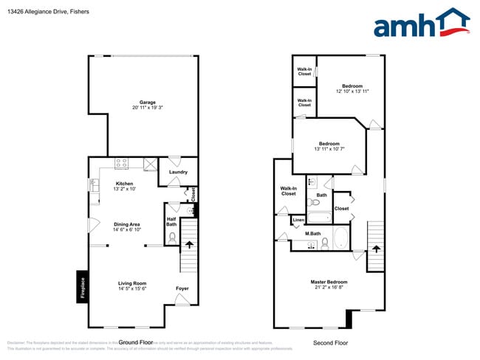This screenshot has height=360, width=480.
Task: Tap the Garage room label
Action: click(148, 103)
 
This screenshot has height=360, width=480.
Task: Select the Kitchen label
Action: click(124, 184)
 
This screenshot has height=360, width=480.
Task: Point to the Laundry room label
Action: click(178, 173)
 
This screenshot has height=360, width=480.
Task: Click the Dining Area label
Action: click(126, 224)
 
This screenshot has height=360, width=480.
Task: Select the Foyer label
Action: click(182, 288)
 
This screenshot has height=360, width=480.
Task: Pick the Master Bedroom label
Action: click(329, 282)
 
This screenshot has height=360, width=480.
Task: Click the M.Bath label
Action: click(312, 234)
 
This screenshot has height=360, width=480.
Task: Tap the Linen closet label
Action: click(298, 220)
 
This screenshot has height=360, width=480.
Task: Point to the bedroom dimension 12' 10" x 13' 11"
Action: click(352, 91)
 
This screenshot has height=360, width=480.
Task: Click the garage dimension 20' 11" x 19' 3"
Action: click(148, 108)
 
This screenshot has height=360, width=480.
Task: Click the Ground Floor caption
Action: click(136, 342)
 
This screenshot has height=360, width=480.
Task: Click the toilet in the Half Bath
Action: click(172, 238)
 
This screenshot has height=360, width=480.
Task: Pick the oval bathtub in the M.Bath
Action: click(341, 238)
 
